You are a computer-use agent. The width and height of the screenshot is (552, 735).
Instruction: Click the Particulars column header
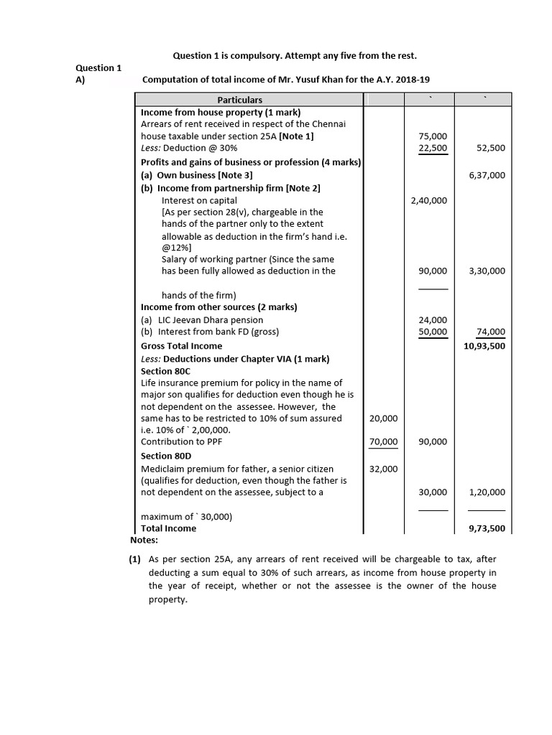point(240,100)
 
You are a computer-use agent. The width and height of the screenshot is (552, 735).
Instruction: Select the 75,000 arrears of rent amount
point(432,136)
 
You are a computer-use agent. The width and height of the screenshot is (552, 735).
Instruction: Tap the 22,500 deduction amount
point(432,148)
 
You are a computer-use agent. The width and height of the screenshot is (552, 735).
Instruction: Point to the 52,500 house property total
point(491,148)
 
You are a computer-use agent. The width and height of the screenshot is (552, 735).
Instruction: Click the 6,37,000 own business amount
point(487,174)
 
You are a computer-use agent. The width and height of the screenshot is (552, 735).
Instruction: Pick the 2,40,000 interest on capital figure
point(428,200)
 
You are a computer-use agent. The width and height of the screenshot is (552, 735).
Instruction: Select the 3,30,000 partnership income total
point(487,271)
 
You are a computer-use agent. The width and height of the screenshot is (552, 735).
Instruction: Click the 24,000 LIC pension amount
point(432,319)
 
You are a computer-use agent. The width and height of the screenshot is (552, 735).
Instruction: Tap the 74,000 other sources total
point(491,332)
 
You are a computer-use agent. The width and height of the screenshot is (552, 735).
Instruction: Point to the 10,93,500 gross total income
point(484,345)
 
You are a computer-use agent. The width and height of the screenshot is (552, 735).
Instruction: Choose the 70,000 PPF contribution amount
point(383,441)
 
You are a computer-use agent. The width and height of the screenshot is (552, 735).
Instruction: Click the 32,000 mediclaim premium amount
point(383,469)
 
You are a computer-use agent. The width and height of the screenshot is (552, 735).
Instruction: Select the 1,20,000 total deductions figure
point(487,492)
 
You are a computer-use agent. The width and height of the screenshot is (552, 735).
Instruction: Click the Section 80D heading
point(166,456)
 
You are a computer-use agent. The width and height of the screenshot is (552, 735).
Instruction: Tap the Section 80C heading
point(166,371)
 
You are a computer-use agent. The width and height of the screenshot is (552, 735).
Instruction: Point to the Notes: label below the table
point(144,540)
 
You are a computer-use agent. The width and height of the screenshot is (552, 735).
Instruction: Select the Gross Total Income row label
point(182,345)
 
